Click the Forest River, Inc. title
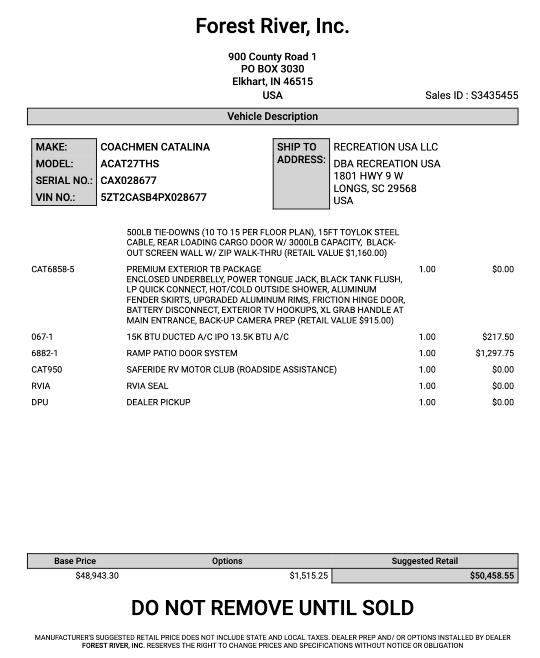point(272,26)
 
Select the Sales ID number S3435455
point(494,96)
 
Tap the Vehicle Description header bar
point(272,117)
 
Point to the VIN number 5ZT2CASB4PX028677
point(153,197)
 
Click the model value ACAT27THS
point(129,164)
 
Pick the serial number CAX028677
point(128,180)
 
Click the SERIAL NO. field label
point(64,180)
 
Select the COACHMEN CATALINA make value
point(155,147)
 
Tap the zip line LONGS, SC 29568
point(375,188)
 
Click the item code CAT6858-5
point(53,269)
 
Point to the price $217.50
point(498,337)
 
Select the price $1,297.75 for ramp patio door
point(495,353)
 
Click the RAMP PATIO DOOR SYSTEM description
point(182,353)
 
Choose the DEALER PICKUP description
point(159,402)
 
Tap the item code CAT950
point(47,370)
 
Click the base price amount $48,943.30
point(97,576)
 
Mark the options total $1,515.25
point(309,576)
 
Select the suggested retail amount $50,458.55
point(492,576)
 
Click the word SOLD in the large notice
point(388,608)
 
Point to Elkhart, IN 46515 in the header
point(272,82)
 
